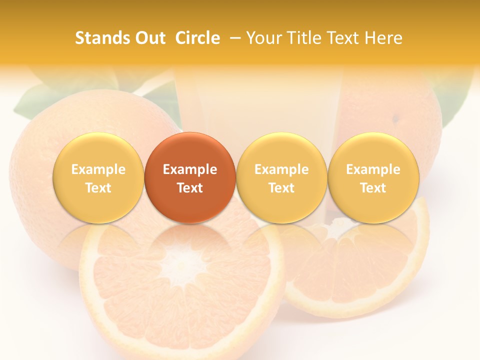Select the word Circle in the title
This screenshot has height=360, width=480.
point(197,38)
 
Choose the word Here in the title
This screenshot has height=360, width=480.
point(384,38)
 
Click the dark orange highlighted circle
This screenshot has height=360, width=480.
point(189,177)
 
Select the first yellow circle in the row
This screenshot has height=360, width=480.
point(98,177)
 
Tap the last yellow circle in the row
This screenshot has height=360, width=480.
point(373,177)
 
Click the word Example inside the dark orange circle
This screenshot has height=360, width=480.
point(190,169)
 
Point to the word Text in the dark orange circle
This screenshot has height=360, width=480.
point(190,188)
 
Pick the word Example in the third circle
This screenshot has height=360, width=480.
point(281,169)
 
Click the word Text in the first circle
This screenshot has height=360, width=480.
point(98,188)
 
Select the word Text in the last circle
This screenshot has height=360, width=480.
point(373,188)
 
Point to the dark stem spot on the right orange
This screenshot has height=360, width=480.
point(395,119)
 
